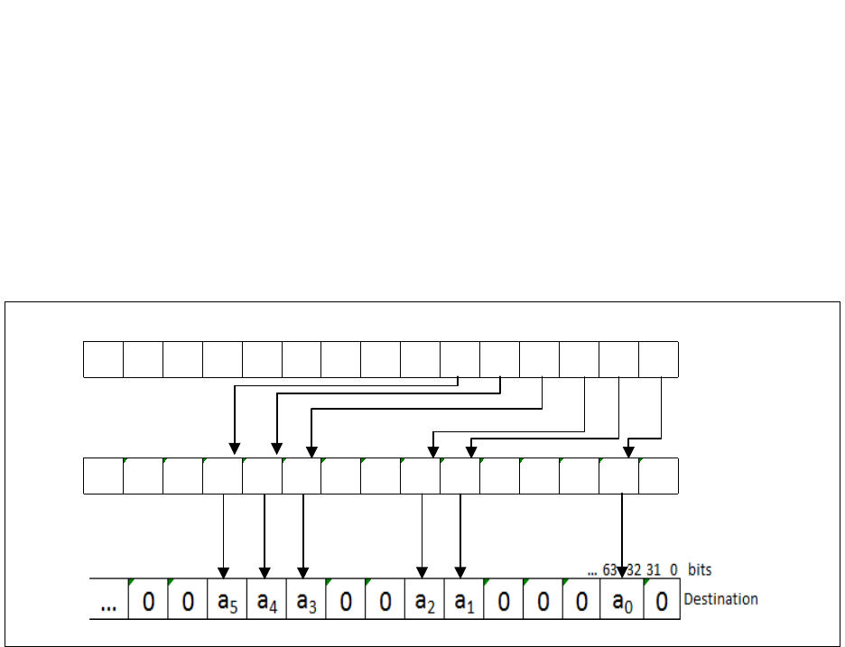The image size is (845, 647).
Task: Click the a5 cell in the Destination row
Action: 227,599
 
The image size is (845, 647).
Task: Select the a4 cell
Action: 267,599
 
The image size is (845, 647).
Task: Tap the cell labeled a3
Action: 306,599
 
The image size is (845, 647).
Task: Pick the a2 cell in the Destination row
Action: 424,599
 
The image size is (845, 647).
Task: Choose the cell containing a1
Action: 464,599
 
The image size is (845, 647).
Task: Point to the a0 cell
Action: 621,599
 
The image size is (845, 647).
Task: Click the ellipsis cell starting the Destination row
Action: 109,601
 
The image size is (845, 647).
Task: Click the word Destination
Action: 720,599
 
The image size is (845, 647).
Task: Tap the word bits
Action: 700,570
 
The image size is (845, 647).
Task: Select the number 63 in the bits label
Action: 611,570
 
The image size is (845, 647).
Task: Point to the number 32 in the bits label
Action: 632,570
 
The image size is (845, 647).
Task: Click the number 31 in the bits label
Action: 653,570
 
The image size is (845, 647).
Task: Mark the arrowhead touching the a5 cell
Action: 224,573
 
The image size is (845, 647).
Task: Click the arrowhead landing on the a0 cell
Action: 621,573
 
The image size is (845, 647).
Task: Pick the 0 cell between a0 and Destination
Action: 661,599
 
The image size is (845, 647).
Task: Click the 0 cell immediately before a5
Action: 188,599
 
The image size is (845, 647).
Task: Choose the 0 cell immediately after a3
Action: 346,599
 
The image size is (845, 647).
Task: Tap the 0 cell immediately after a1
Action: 503,599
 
